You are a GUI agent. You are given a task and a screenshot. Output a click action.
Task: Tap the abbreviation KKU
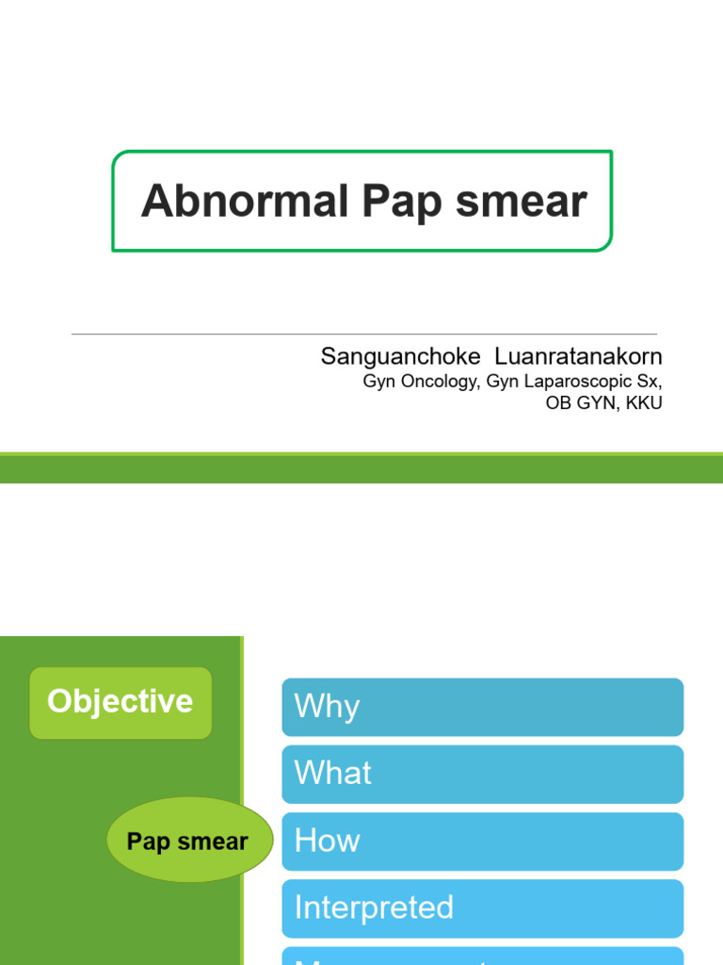point(644,403)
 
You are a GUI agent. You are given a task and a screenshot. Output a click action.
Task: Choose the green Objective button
point(120,702)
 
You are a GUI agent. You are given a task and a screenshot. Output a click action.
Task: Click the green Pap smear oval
point(188,842)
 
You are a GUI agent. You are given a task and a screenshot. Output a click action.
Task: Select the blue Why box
point(482,707)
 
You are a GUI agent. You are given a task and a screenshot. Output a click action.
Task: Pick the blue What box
point(482,774)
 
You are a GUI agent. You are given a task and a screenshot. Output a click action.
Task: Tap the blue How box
point(482,841)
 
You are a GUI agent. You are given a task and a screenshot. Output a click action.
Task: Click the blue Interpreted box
point(482,908)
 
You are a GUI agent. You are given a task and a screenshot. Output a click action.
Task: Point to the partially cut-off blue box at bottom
point(482,957)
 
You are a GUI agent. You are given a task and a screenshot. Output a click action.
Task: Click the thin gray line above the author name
point(363,334)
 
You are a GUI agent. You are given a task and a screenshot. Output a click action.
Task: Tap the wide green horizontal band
point(361,468)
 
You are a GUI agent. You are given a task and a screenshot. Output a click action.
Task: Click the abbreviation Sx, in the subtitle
point(650,382)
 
